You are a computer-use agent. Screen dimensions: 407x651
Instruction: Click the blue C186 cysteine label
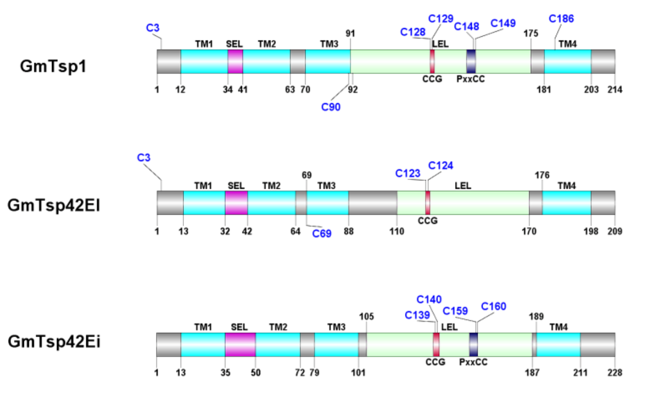click(561, 19)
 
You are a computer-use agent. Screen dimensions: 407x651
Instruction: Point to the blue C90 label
click(331, 107)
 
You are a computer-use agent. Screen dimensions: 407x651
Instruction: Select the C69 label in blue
click(322, 233)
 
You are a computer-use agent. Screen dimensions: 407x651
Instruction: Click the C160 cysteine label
click(494, 307)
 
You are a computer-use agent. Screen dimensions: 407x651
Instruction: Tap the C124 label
click(441, 166)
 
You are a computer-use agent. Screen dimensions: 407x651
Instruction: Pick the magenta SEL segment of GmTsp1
click(235, 61)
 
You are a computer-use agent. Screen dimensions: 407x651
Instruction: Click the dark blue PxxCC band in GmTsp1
click(471, 61)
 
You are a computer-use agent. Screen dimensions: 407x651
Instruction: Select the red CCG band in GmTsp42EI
click(427, 203)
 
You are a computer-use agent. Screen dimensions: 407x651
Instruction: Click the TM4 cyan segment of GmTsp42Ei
click(558, 345)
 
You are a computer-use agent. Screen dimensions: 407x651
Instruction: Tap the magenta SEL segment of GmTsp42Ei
click(240, 345)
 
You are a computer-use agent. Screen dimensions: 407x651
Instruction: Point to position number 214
click(615, 89)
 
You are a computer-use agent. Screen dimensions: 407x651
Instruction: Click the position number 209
click(615, 231)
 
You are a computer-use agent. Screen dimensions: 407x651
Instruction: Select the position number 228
click(615, 372)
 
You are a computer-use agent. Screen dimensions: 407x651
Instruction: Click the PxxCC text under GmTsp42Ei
click(473, 362)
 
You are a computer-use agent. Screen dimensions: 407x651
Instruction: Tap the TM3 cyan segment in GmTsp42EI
click(327, 203)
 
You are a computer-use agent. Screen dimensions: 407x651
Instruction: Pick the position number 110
click(397, 231)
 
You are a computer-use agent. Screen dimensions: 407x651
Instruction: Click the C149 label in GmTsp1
click(503, 23)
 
